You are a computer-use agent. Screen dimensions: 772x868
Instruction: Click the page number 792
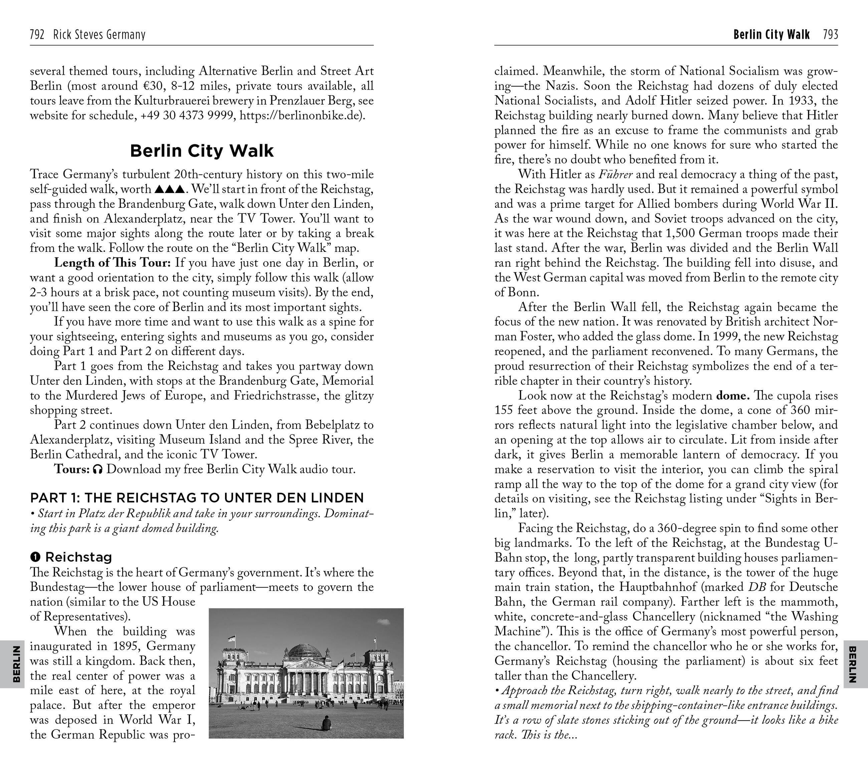coord(37,34)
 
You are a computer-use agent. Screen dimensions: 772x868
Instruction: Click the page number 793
coord(830,34)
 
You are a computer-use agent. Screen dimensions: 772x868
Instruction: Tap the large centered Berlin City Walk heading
coord(202,151)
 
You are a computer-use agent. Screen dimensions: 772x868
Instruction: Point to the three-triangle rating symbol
coord(170,189)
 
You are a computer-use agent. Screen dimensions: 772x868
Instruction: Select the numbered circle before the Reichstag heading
coord(35,557)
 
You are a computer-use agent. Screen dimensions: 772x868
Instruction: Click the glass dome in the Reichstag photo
coord(304,650)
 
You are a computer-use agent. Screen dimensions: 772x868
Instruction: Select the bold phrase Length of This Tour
coord(112,263)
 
